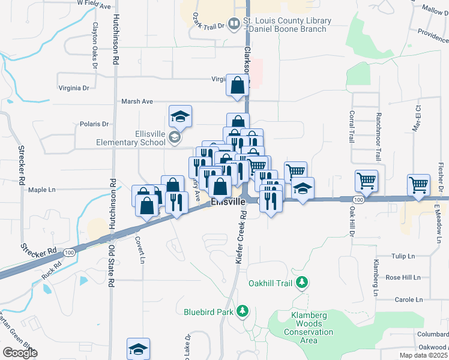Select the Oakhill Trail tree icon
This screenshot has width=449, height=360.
pos(304,281)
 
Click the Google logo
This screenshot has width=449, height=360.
pos(20,353)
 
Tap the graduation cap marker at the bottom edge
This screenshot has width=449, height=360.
pos(138,349)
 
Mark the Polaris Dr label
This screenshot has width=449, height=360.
pos(94,124)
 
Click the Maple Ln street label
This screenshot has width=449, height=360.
pos(41,190)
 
